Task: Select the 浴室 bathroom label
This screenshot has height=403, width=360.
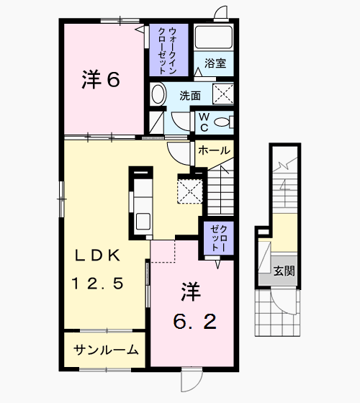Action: pos(215,63)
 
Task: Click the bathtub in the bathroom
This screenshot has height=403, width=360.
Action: pos(213,37)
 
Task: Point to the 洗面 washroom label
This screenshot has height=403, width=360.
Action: pos(190,95)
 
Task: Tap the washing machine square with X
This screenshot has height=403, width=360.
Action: pos(224,94)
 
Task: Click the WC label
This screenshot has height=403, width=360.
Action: pos(204,122)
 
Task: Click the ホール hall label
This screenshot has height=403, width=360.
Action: pos(213,150)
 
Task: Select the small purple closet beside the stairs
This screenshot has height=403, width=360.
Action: pos(217,237)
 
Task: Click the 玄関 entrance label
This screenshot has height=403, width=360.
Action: pos(284,271)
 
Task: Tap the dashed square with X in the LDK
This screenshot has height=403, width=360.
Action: pos(190,189)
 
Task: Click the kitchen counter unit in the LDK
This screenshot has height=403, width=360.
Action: pos(142,204)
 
